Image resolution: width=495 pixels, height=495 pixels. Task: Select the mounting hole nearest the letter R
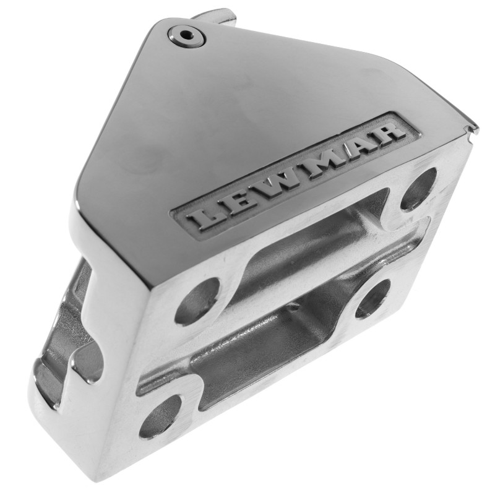419,189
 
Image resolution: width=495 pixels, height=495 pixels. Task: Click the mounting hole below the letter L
199,301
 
